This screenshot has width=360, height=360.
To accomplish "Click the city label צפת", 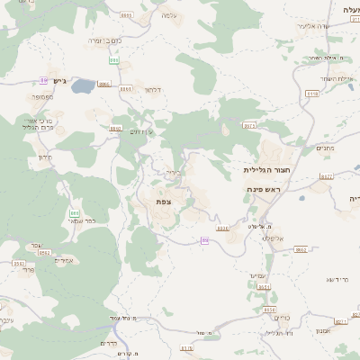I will pyautogui.click(x=164, y=202).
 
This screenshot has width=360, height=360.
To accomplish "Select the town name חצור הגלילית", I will pyautogui.click(x=264, y=169).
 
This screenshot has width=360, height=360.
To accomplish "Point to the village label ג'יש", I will pyautogui.click(x=60, y=81).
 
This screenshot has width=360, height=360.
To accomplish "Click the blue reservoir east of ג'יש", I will pyautogui.click(x=82, y=86).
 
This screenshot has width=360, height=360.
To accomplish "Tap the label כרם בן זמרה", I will pyautogui.click(x=105, y=40).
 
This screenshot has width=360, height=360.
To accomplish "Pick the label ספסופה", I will pyautogui.click(x=42, y=96).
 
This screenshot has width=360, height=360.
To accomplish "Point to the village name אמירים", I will pyautogui.click(x=64, y=260).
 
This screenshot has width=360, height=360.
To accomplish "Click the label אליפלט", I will pyautogui.click(x=273, y=238).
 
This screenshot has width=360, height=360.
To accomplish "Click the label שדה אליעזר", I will pyautogui.click(x=320, y=26).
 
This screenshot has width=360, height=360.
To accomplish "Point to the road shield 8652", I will pyautogui.click(x=301, y=249).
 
